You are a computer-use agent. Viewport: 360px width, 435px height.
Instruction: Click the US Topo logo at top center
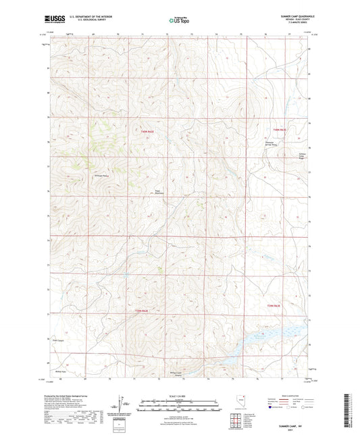(x=179, y=21)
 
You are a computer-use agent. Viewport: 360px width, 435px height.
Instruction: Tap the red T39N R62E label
(x=141, y=310)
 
